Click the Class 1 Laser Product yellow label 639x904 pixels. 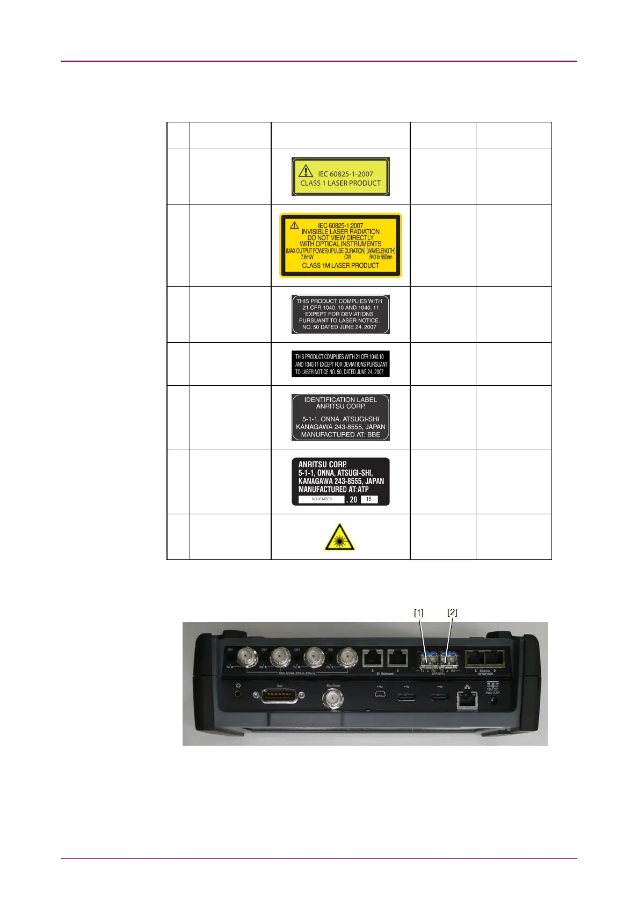point(340,177)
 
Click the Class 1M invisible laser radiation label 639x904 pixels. point(340,245)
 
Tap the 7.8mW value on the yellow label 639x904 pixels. point(307,257)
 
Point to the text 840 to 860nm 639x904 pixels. point(381,257)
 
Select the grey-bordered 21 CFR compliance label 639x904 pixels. point(340,314)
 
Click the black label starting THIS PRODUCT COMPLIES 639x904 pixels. point(340,364)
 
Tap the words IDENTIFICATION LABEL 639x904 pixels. point(340,399)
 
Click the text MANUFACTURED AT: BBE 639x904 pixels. point(340,434)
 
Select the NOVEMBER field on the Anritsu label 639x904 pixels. point(322,499)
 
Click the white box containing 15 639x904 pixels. point(369,499)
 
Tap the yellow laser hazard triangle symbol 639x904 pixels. point(339,537)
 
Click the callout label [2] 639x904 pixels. point(453,612)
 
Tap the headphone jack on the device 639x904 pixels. point(238,694)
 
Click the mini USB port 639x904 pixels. point(380,695)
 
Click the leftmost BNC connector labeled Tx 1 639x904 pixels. point(248,655)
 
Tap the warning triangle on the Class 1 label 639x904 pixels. point(306,171)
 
